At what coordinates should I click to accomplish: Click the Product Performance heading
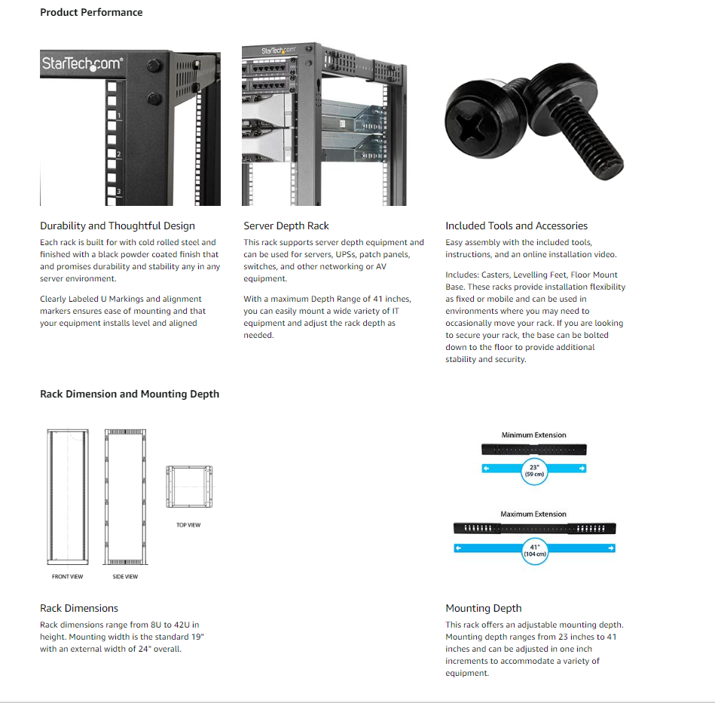(91, 12)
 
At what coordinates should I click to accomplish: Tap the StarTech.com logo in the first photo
(81, 63)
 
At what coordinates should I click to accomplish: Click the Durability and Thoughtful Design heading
(118, 226)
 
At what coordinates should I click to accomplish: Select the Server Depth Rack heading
(286, 226)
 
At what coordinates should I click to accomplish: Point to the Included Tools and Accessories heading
(516, 226)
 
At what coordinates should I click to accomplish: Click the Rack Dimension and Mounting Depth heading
(130, 394)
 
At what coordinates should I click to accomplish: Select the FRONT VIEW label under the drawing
(68, 577)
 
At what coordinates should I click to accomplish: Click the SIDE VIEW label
(126, 577)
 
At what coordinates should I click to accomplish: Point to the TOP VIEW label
(188, 525)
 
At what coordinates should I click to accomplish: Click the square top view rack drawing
(188, 487)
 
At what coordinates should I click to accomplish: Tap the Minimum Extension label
(533, 435)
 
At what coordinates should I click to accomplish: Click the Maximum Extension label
(533, 514)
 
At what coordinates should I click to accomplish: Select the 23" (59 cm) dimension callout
(534, 471)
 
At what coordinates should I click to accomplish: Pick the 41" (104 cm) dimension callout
(534, 550)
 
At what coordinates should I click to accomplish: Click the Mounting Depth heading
(484, 608)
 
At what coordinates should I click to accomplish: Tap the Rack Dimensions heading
(79, 608)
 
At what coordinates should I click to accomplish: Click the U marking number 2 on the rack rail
(118, 154)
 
